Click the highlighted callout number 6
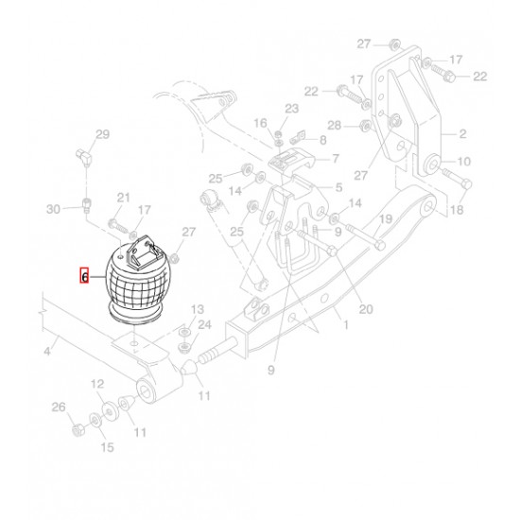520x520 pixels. pos(84,276)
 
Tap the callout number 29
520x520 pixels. pos(102,134)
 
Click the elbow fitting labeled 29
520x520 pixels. pos(83,157)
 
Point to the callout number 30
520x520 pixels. pos(53,209)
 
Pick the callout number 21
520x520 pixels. pos(123,198)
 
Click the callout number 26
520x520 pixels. pos(59,407)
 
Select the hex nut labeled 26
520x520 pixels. pos(78,430)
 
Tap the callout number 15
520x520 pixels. pos(107,447)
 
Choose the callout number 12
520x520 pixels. pos(97,384)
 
